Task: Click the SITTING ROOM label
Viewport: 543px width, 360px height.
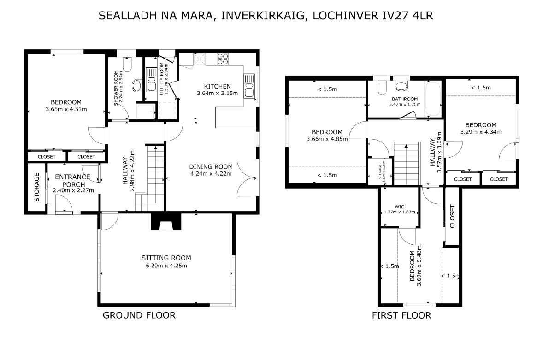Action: point(166,258)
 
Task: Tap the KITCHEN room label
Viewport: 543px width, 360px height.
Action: point(217,87)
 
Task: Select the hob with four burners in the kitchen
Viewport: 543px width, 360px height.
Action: point(222,59)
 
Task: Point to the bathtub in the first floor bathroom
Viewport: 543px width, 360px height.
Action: point(433,100)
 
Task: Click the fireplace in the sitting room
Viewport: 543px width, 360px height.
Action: point(166,222)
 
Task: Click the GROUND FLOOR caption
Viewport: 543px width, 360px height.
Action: point(139,315)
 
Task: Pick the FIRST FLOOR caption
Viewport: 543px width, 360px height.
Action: point(401,315)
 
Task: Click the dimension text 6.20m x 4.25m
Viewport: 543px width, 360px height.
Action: point(166,266)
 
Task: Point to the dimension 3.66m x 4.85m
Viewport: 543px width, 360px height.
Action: point(327,139)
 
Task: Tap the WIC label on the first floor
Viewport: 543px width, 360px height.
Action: point(399,207)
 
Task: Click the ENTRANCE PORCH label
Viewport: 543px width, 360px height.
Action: point(73,181)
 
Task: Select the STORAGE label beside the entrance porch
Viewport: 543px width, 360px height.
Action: point(37,187)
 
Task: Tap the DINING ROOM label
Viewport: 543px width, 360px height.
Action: point(211,166)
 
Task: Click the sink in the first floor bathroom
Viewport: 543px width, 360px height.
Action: point(401,86)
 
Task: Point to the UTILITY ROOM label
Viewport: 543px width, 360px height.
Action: point(162,78)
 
